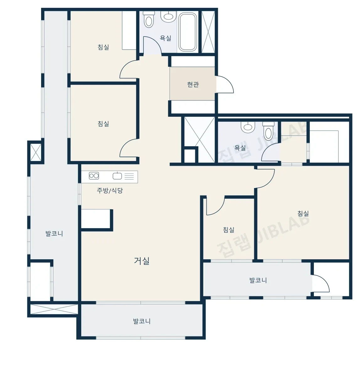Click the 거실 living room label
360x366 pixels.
click(142, 261)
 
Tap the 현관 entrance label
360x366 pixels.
click(193, 84)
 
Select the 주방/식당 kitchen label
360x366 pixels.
click(110, 191)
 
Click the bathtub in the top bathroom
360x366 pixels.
click(187, 32)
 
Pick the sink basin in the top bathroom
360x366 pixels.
click(168, 17)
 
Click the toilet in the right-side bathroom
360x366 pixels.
click(268, 131)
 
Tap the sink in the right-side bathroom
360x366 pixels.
click(248, 127)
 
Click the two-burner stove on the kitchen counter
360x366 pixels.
click(94, 175)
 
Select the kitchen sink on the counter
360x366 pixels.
click(117, 176)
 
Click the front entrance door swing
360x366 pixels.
click(225, 84)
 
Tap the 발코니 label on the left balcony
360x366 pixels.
click(54, 234)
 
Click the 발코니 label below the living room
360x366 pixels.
click(142, 321)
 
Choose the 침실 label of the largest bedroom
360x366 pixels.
click(303, 213)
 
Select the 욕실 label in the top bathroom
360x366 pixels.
click(165, 38)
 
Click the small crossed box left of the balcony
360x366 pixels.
click(36, 152)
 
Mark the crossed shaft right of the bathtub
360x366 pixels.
click(208, 32)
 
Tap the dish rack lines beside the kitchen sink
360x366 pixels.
click(129, 176)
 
